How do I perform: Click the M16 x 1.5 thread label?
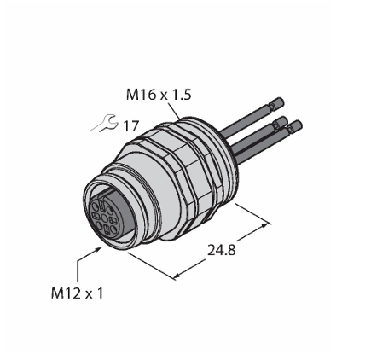[x=159, y=95]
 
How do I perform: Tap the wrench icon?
[x=103, y=123]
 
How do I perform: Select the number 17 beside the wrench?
[x=130, y=126]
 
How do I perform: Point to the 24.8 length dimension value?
[x=222, y=250]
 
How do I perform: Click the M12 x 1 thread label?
[x=77, y=293]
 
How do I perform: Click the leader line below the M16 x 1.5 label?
[x=173, y=110]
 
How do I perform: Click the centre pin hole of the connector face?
[x=105, y=218]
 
